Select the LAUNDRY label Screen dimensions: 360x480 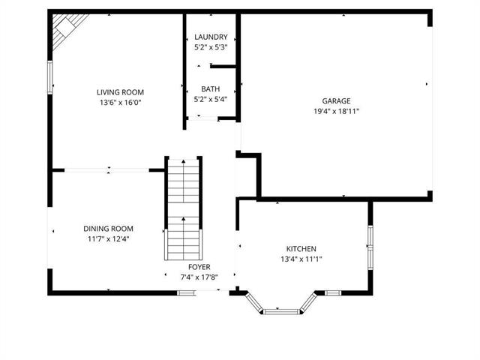coord(210,37)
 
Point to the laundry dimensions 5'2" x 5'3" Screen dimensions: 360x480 coord(210,47)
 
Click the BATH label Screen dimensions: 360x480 coord(210,88)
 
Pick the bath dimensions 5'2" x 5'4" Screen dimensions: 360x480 coord(210,98)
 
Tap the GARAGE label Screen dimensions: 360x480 coord(336,100)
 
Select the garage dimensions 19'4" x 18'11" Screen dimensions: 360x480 coord(336,111)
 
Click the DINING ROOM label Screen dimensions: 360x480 coord(108,229)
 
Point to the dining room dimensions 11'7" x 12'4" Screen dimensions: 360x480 coord(108,239)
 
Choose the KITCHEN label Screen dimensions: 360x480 coord(301,249)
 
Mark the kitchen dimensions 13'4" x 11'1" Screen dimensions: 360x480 coord(301,259)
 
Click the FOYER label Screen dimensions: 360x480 coord(199,267)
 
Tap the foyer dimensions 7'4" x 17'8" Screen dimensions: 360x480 coord(199,277)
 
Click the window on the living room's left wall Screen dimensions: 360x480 coord(51,78)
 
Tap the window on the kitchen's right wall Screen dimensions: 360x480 coord(370,238)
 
